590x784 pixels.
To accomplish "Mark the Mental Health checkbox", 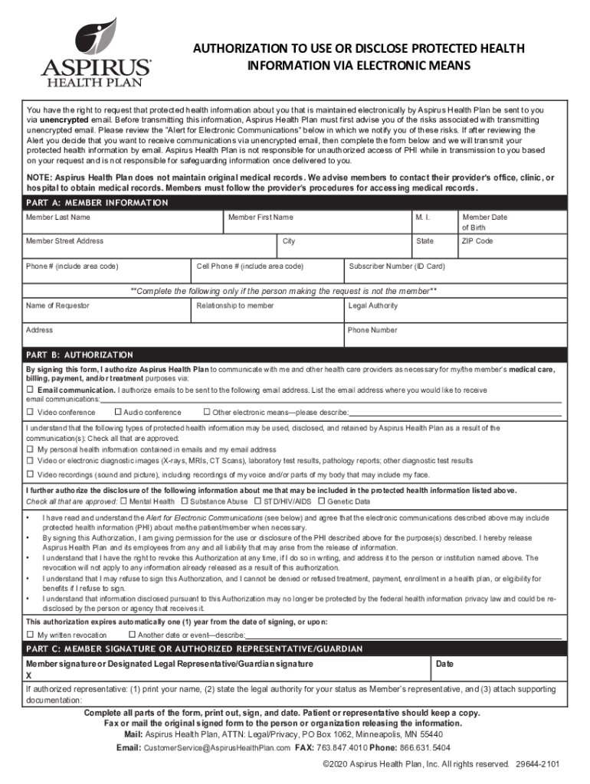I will point(123,501).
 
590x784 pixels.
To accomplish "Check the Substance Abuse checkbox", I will point(183,501).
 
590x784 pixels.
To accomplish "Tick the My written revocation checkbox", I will point(30,635).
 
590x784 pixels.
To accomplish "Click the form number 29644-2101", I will point(537,764).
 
